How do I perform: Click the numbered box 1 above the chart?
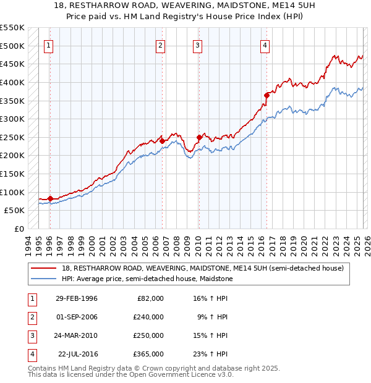pos(49,44)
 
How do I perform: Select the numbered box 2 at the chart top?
pos(160,44)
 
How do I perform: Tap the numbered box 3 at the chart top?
pos(197,44)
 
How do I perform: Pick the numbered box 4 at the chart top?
pos(264,44)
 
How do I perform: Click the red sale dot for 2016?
pos(267,95)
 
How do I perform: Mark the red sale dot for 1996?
pos(50,198)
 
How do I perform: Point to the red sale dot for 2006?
pos(162,141)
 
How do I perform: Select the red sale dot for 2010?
pos(199,137)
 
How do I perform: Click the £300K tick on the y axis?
pos(12,119)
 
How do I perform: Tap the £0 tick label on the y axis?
pos(20,229)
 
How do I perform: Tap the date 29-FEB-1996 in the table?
pos(76,298)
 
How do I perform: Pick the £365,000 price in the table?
pos(149,354)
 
